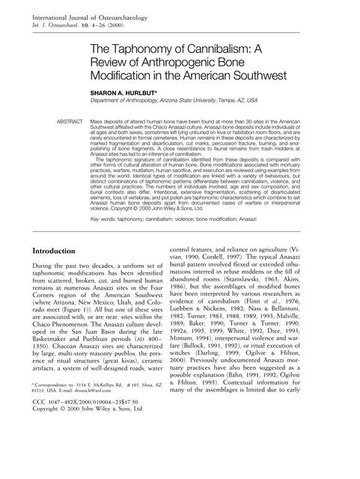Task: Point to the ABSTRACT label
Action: (x=71, y=120)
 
